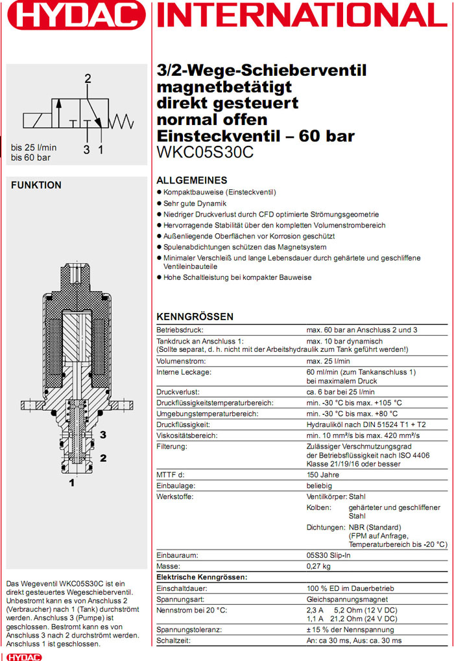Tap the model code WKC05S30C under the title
pos(205,154)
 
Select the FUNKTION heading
pos(36,185)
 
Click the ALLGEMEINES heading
pos(192,180)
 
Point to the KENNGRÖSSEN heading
pos(195,317)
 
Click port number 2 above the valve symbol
pos(88,80)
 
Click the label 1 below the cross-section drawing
pos(72,483)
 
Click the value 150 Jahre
pos(324,475)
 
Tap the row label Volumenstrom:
pos(181,361)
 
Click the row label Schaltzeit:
pos(174,640)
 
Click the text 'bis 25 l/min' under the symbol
pos(34,148)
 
